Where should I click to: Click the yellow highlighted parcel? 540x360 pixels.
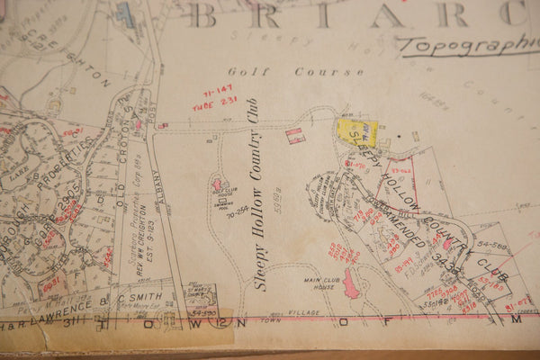(x=357, y=132)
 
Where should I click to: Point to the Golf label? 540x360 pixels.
(x=243, y=71)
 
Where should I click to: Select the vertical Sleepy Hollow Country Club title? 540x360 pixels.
(x=260, y=193)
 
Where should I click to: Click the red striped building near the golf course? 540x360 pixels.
(x=295, y=135)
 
